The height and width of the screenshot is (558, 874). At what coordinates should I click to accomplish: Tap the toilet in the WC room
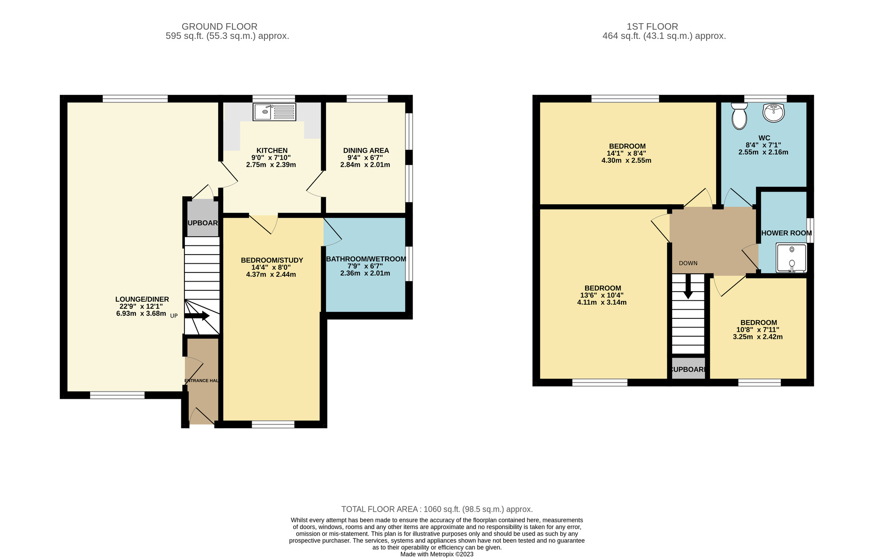pyautogui.click(x=739, y=117)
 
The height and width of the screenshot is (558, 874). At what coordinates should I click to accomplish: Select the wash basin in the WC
pyautogui.click(x=773, y=112)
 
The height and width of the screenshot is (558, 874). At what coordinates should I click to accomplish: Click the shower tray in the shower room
pyautogui.click(x=791, y=258)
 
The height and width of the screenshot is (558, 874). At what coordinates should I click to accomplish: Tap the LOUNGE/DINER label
pyautogui.click(x=142, y=299)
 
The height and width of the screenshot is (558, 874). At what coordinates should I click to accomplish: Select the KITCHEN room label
pyautogui.click(x=272, y=150)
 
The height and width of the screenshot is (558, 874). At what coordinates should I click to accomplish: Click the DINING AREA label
pyautogui.click(x=366, y=150)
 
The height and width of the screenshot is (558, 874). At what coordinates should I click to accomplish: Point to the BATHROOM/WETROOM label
pyautogui.click(x=366, y=259)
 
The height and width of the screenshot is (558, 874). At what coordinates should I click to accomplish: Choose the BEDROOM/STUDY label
pyautogui.click(x=272, y=260)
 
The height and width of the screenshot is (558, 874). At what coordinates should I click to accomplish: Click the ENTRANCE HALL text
pyautogui.click(x=201, y=380)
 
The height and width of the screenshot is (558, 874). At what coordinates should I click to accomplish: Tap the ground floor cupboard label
pyautogui.click(x=203, y=223)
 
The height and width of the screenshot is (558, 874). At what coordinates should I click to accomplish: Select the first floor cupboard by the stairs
pyautogui.click(x=688, y=370)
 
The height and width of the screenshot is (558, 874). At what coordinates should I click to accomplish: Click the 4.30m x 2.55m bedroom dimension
pyautogui.click(x=626, y=160)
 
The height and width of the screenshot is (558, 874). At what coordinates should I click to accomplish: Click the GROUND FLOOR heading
pyautogui.click(x=219, y=27)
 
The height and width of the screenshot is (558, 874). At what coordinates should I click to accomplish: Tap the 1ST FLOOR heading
pyautogui.click(x=652, y=27)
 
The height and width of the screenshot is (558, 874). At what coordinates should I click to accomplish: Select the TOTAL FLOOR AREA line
pyautogui.click(x=437, y=509)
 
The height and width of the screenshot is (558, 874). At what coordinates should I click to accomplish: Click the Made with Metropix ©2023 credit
pyautogui.click(x=437, y=554)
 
